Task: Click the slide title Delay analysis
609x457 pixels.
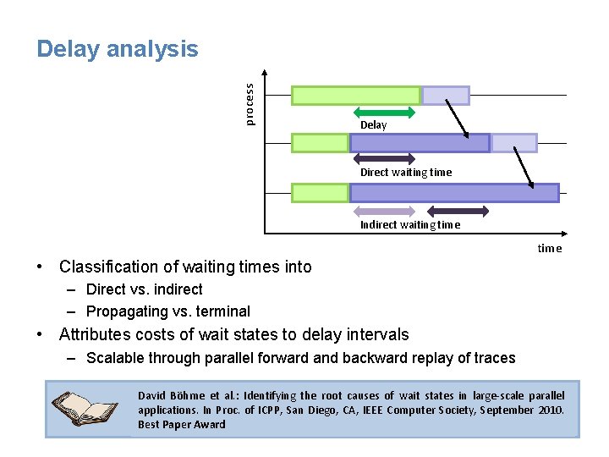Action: [118, 49]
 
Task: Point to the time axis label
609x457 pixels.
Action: [550, 248]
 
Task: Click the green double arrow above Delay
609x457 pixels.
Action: [384, 112]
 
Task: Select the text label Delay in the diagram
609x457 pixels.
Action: [373, 125]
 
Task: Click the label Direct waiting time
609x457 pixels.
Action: [406, 173]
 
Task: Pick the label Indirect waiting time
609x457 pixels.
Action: [410, 224]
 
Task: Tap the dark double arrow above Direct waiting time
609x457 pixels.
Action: [384, 158]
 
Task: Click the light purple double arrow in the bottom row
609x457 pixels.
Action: [384, 211]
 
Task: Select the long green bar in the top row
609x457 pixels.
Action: [355, 95]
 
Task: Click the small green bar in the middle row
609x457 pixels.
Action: [320, 142]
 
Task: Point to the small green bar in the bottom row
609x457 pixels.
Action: [320, 193]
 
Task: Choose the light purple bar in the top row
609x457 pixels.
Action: [446, 95]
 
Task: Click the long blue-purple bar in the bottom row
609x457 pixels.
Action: [454, 193]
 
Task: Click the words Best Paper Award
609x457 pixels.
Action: [182, 424]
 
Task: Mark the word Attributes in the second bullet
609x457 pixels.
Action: [95, 335]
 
